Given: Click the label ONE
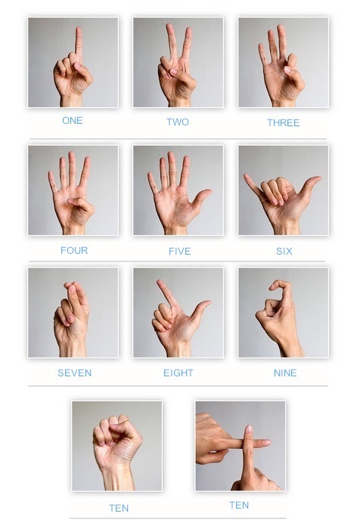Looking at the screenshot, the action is coord(73,120).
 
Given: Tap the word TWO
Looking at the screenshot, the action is coord(178,122).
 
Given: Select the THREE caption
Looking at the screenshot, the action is coord(284,122).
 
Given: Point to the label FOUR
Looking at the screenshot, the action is coord(74,250).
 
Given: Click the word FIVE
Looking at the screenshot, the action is coord(180,251).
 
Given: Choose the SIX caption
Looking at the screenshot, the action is coord(284,251).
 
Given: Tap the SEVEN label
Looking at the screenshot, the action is coord(74,373).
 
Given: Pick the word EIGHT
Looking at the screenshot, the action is coord(178,373).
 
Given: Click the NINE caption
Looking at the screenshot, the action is coord(285,373).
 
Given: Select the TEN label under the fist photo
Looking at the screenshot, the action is coord(119,508).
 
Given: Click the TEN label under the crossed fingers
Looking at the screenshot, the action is coord(239,506).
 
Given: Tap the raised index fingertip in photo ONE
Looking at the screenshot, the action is coord(79,30).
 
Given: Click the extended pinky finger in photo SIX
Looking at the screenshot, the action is coord(251,185).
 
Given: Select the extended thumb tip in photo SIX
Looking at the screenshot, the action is coord(317,178).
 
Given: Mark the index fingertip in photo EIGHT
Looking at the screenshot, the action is coord(160,283).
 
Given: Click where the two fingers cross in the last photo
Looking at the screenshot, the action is coord(249,442).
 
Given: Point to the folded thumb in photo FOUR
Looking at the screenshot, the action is coord(80,203).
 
